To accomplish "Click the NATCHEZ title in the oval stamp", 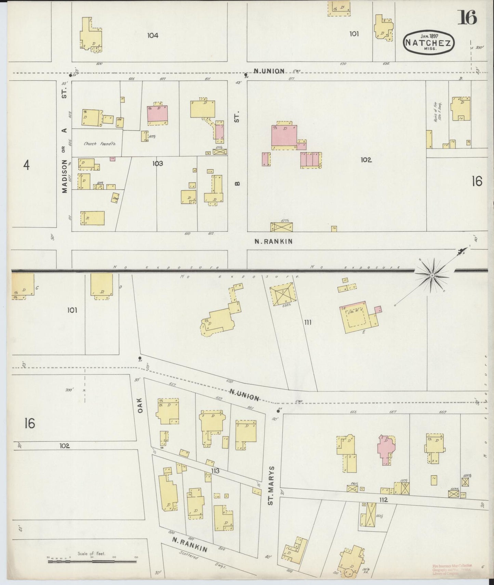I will [x=429, y=43].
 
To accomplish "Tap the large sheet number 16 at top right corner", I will [x=467, y=17].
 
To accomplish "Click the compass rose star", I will [x=432, y=275].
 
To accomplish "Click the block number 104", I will [x=153, y=35].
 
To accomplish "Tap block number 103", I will [x=158, y=163].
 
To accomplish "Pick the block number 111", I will [x=308, y=322].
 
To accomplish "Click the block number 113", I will [x=215, y=471].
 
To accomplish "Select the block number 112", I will [x=383, y=500].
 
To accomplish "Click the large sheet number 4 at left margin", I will [x=26, y=166].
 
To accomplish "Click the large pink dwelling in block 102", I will [x=284, y=136].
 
